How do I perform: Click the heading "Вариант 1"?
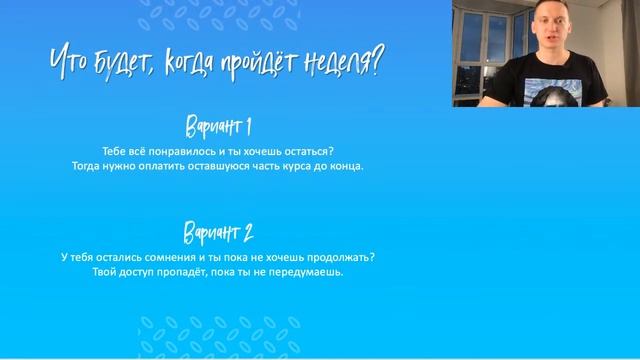click(218, 127)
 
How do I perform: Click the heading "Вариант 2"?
click(218, 234)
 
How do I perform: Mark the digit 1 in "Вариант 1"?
click(246, 127)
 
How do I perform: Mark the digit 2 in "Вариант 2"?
click(247, 234)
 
